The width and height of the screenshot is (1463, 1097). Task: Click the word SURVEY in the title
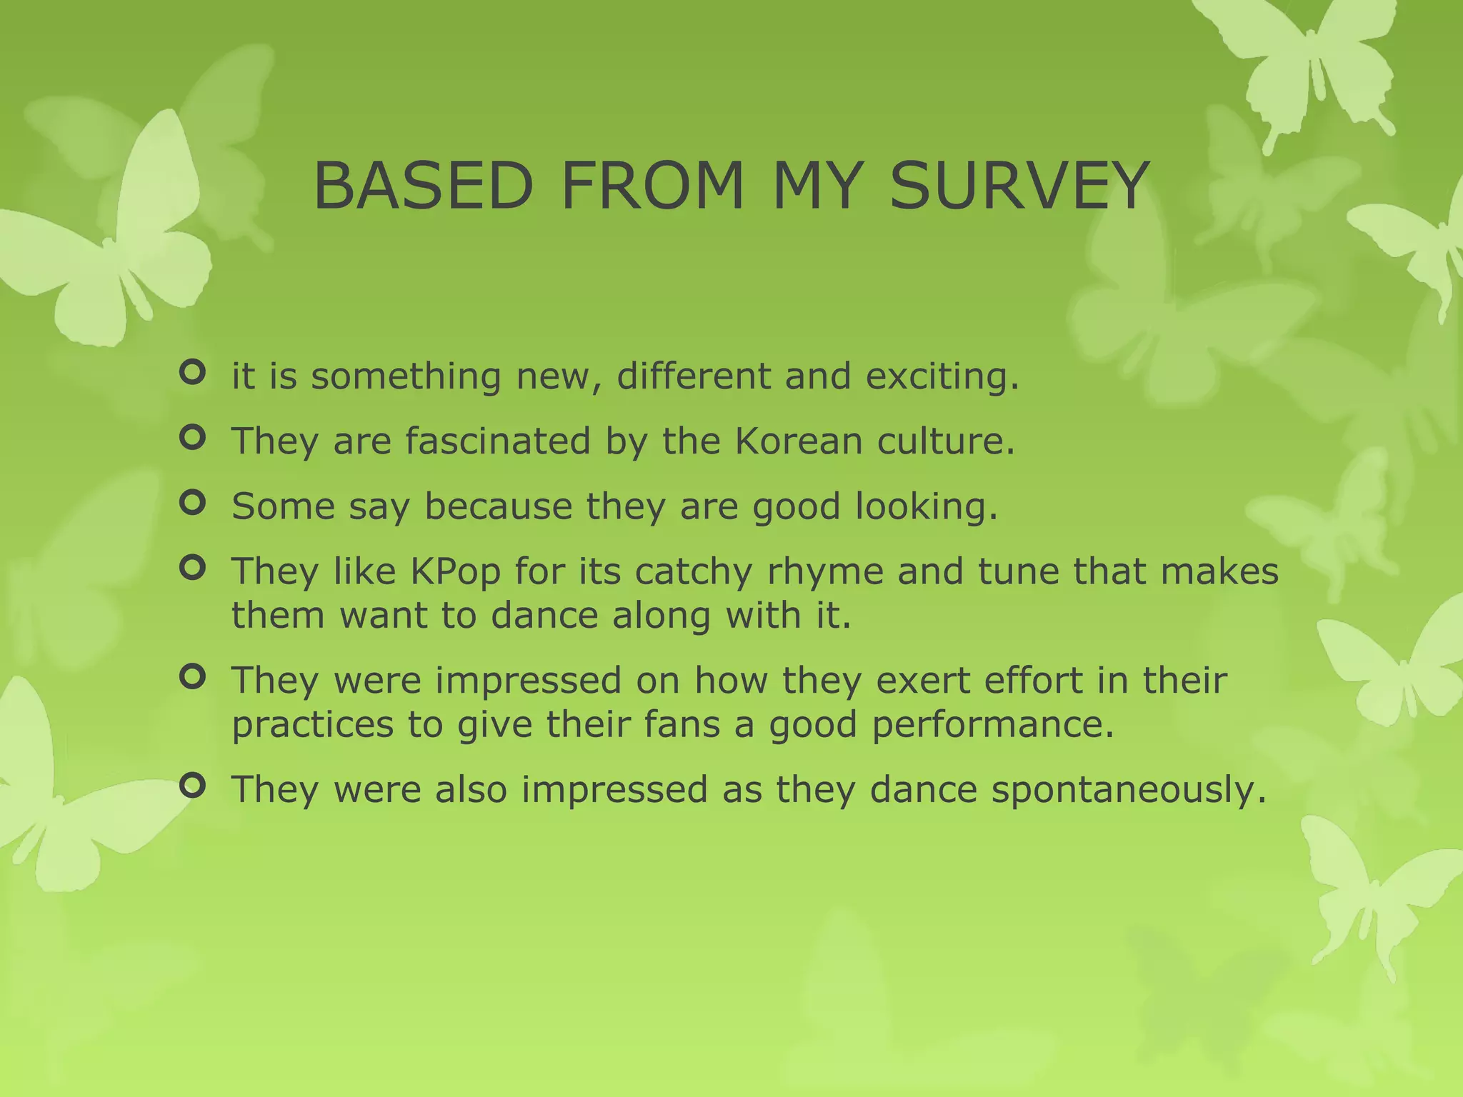1019,186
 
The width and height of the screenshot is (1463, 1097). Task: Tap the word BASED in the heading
423,186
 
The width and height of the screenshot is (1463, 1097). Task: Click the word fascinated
498,441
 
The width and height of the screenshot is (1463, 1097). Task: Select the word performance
992,725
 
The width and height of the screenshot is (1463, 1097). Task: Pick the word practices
312,725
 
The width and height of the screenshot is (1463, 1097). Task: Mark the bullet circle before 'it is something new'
192,372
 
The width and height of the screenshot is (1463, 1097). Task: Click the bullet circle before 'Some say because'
192,503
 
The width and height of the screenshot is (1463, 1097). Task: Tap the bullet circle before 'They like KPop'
192,568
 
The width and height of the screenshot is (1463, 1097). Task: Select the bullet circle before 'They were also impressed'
192,786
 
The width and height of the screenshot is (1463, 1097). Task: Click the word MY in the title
815,186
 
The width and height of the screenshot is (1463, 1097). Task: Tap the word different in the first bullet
693,376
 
